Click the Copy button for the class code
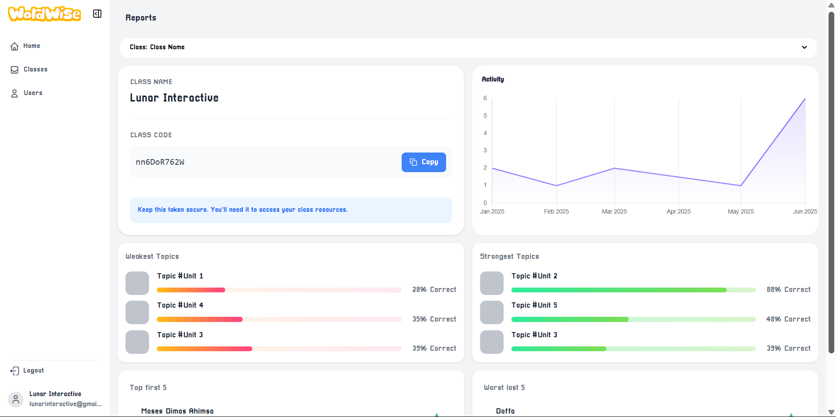pyautogui.click(x=423, y=162)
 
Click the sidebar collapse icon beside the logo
pyautogui.click(x=97, y=14)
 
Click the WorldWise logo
pyautogui.click(x=44, y=14)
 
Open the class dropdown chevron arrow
pyautogui.click(x=804, y=47)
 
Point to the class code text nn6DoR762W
pyautogui.click(x=160, y=162)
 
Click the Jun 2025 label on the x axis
pyautogui.click(x=805, y=211)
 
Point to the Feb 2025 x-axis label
pyautogui.click(x=556, y=211)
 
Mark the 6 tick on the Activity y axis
pyautogui.click(x=485, y=98)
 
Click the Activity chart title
pyautogui.click(x=493, y=79)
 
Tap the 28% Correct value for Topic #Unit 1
pyautogui.click(x=434, y=289)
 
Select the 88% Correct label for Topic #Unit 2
pyautogui.click(x=789, y=289)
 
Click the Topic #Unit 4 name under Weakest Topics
pyautogui.click(x=180, y=305)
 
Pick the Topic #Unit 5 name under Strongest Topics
pyautogui.click(x=534, y=305)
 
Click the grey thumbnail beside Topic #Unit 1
pyautogui.click(x=137, y=283)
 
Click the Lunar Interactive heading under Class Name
pyautogui.click(x=174, y=98)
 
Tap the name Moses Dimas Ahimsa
pyautogui.click(x=177, y=411)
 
